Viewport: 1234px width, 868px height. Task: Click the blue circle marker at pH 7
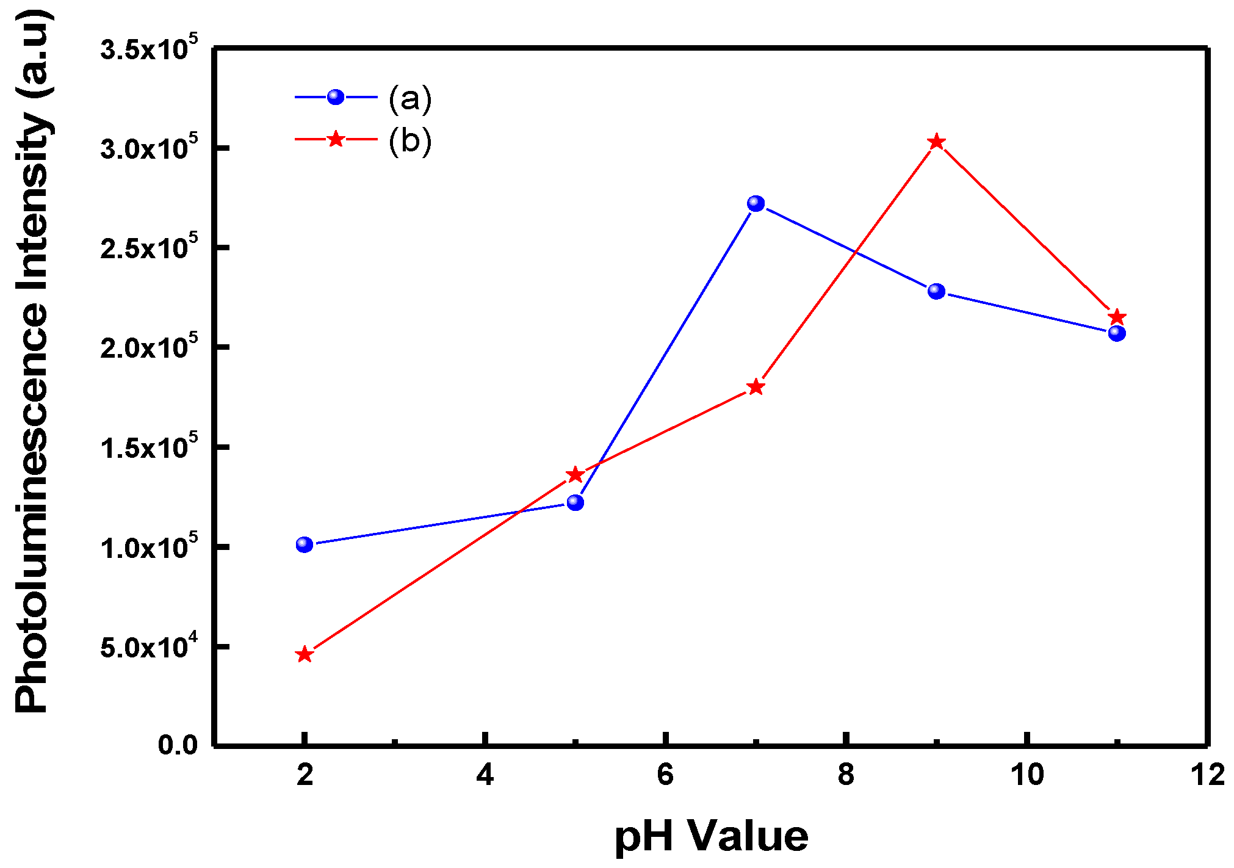point(756,203)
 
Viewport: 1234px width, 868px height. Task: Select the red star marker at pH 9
point(936,142)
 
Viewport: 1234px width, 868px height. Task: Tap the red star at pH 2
point(305,655)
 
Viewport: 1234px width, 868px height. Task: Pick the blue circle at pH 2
point(305,544)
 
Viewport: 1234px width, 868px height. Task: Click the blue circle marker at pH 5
point(576,502)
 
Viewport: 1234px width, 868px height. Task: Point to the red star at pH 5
point(576,474)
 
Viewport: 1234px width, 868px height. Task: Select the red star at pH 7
point(756,387)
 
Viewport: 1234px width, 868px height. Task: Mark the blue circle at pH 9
point(936,291)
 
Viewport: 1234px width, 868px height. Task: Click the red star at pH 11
point(1117,317)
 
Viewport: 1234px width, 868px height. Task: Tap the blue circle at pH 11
point(1117,333)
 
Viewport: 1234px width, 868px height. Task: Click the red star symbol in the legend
point(336,139)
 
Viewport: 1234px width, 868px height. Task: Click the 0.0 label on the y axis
point(178,745)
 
